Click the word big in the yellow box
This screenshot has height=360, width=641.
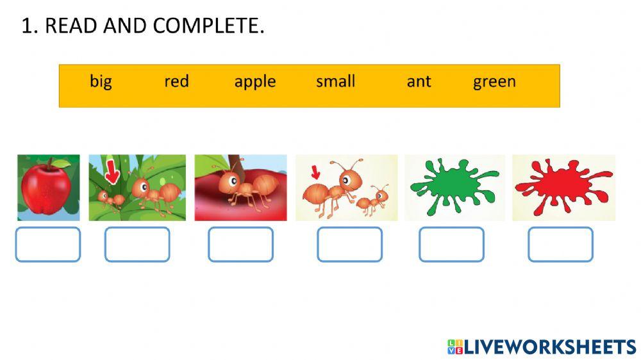point(101,82)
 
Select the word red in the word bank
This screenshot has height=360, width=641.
point(176,81)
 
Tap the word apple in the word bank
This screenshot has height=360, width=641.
point(254,82)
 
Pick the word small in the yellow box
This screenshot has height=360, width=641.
point(335,81)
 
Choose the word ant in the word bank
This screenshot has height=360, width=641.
point(419,82)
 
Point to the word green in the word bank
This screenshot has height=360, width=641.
point(494,82)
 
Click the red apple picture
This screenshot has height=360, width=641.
point(49,188)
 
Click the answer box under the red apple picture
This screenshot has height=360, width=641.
point(48,245)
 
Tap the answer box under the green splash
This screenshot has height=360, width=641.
point(451,245)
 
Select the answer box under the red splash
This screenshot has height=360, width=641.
point(560,245)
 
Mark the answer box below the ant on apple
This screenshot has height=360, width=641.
point(240,245)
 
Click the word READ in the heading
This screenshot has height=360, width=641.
point(67,26)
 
